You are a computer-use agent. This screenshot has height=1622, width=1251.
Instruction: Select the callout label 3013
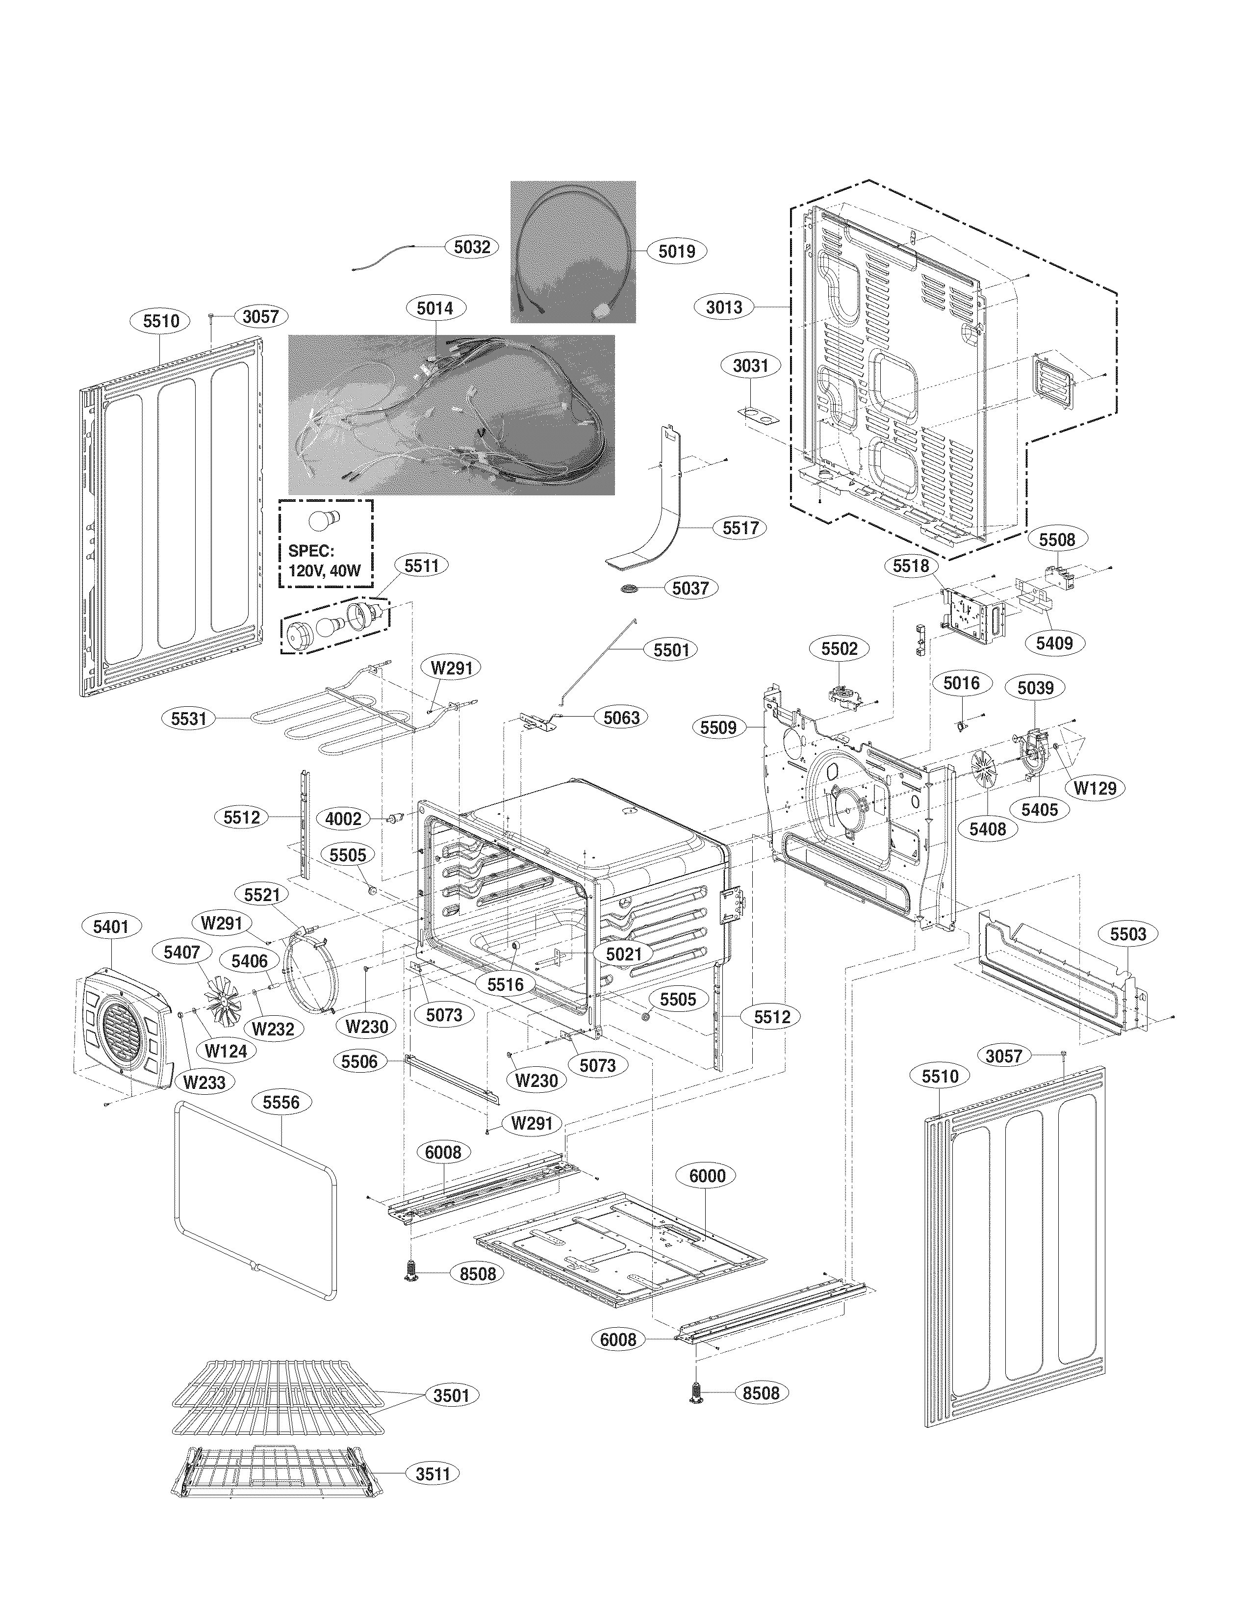coord(724,307)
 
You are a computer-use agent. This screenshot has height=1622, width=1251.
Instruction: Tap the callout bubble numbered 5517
coord(740,528)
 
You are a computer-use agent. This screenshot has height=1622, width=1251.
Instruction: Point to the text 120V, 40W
coord(325,571)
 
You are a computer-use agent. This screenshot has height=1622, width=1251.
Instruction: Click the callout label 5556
coord(281,1102)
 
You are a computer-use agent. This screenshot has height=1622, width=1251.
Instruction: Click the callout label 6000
coord(707,1176)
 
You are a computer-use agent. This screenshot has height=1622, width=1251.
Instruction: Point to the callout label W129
coord(1096,788)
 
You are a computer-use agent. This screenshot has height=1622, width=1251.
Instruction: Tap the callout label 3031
coord(751,365)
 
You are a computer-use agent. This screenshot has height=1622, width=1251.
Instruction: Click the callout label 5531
coord(189,719)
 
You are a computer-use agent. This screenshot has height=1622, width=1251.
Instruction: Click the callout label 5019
coord(676,251)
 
